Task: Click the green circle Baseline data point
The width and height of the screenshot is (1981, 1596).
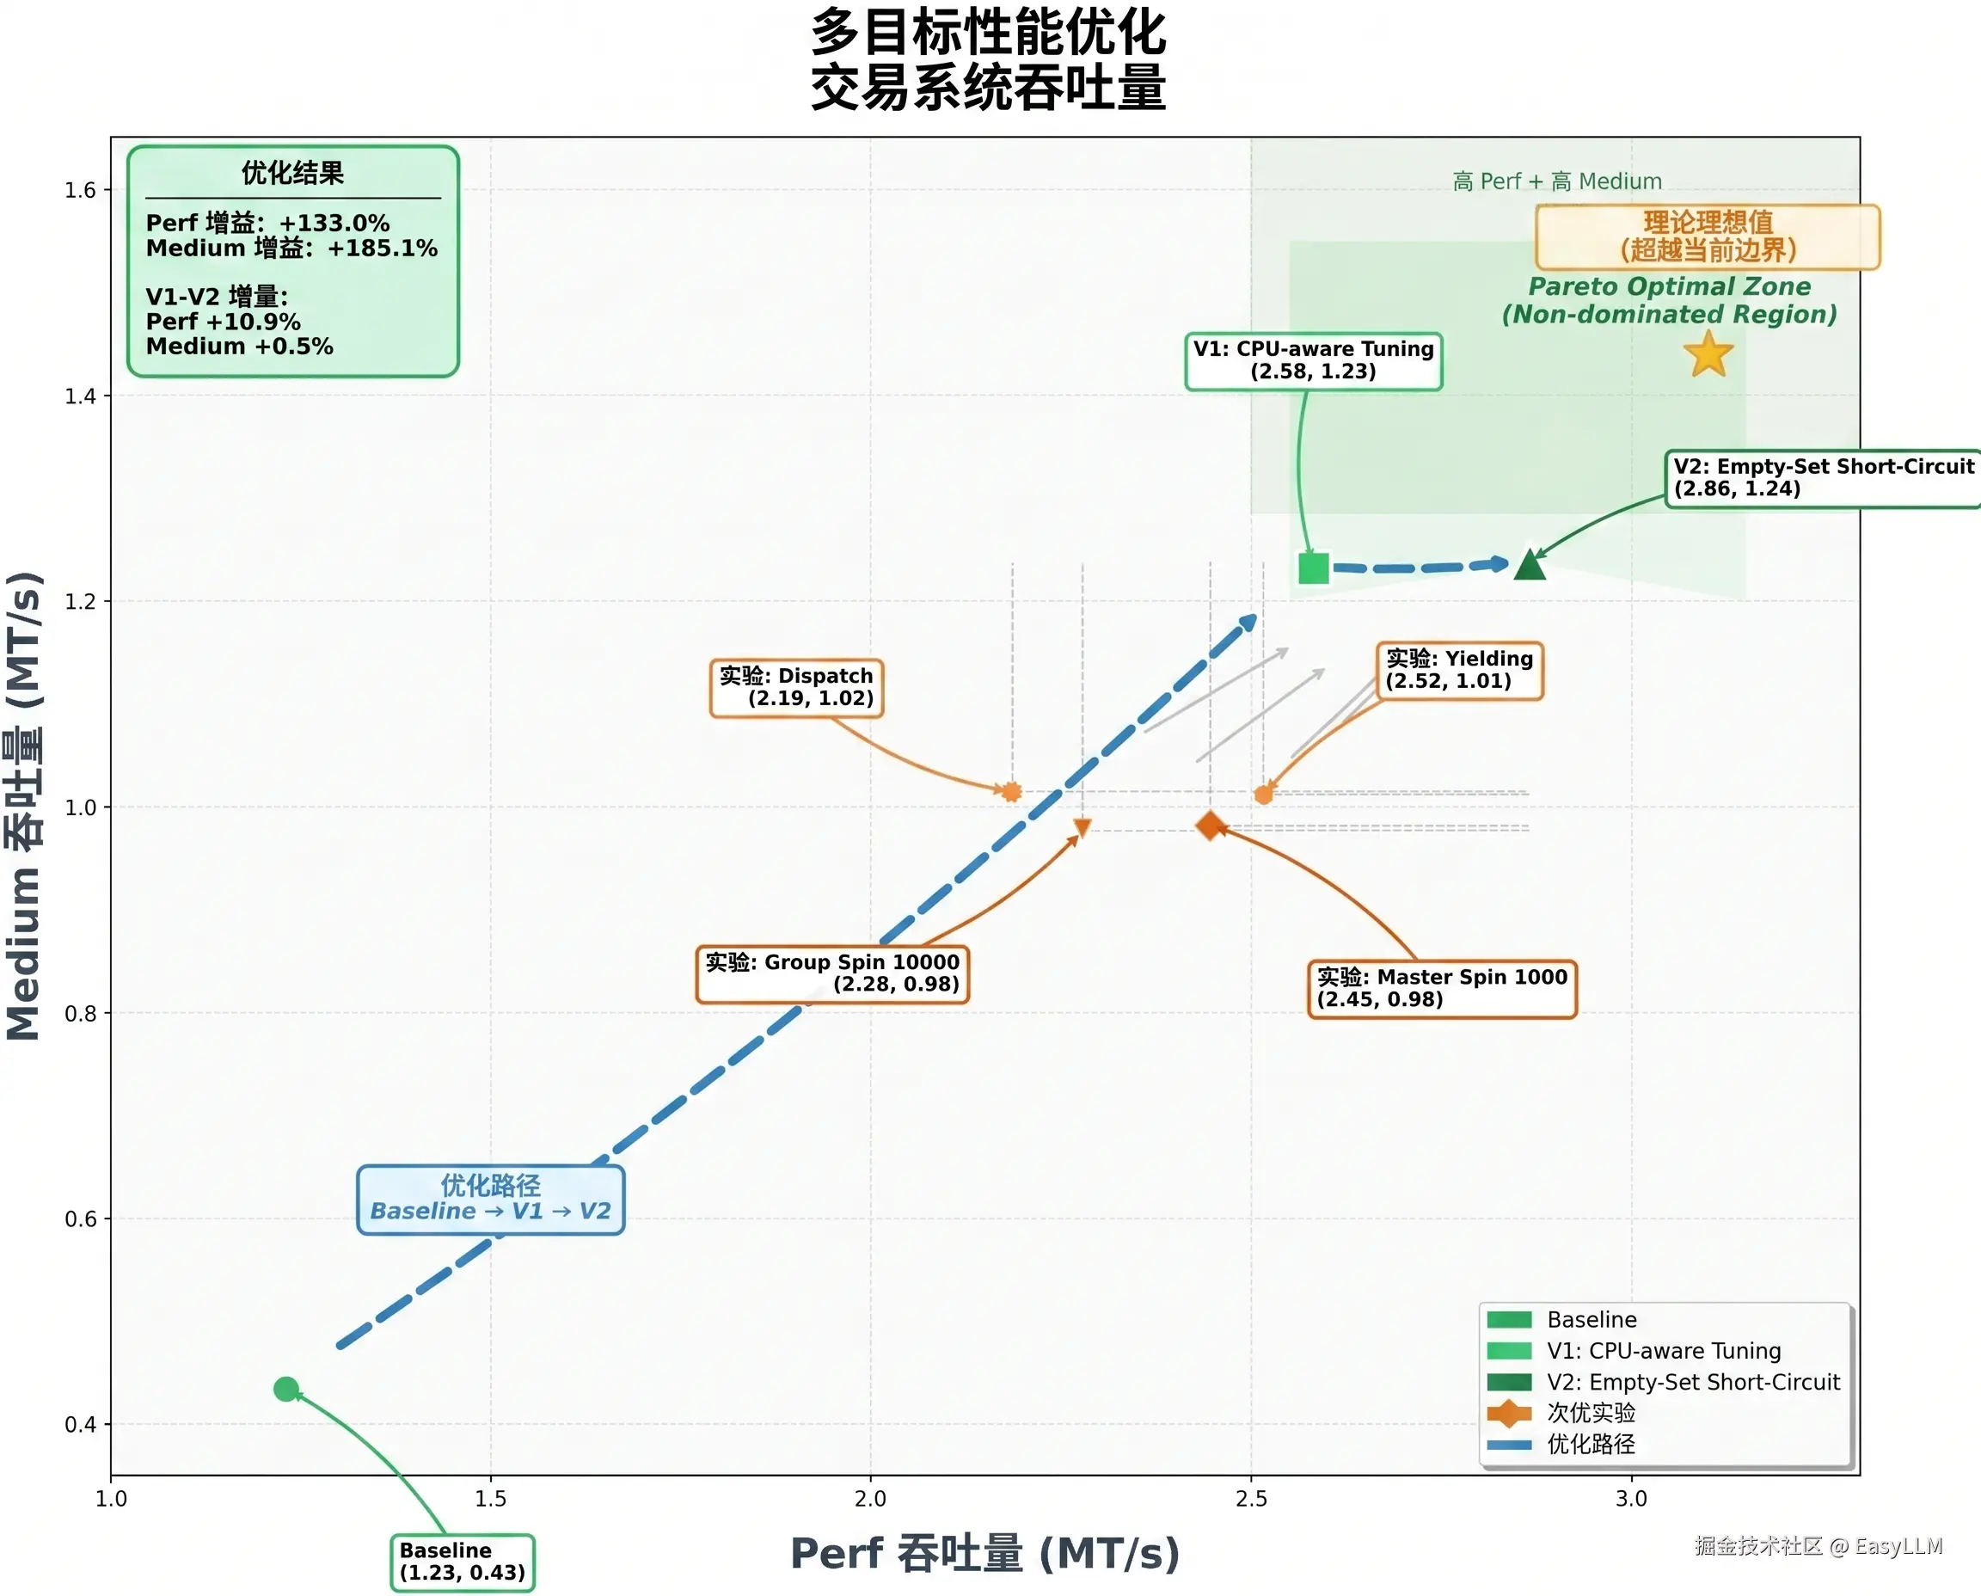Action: [286, 1388]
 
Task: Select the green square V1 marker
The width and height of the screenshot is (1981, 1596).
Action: [1314, 568]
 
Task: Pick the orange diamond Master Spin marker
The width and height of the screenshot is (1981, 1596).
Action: [1210, 826]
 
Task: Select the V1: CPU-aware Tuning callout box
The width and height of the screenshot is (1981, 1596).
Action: [1314, 360]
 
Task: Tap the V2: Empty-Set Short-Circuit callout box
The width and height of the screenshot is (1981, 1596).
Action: [1823, 478]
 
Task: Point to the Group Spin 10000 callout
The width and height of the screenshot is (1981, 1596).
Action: [833, 973]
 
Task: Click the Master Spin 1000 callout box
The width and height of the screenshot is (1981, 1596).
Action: [1441, 988]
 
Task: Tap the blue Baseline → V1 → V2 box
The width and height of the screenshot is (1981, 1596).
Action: [490, 1199]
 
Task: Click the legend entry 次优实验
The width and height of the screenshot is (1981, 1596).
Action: [1592, 1412]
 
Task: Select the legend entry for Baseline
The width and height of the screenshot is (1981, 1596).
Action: [1592, 1319]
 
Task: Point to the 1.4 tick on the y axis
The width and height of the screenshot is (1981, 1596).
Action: [80, 396]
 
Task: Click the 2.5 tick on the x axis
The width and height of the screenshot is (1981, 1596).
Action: [1250, 1499]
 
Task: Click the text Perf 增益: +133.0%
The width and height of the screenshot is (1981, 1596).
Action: [267, 223]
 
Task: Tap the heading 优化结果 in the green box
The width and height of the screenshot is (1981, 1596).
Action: [292, 172]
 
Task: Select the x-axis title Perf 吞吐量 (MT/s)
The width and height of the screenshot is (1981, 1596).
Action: [984, 1554]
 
